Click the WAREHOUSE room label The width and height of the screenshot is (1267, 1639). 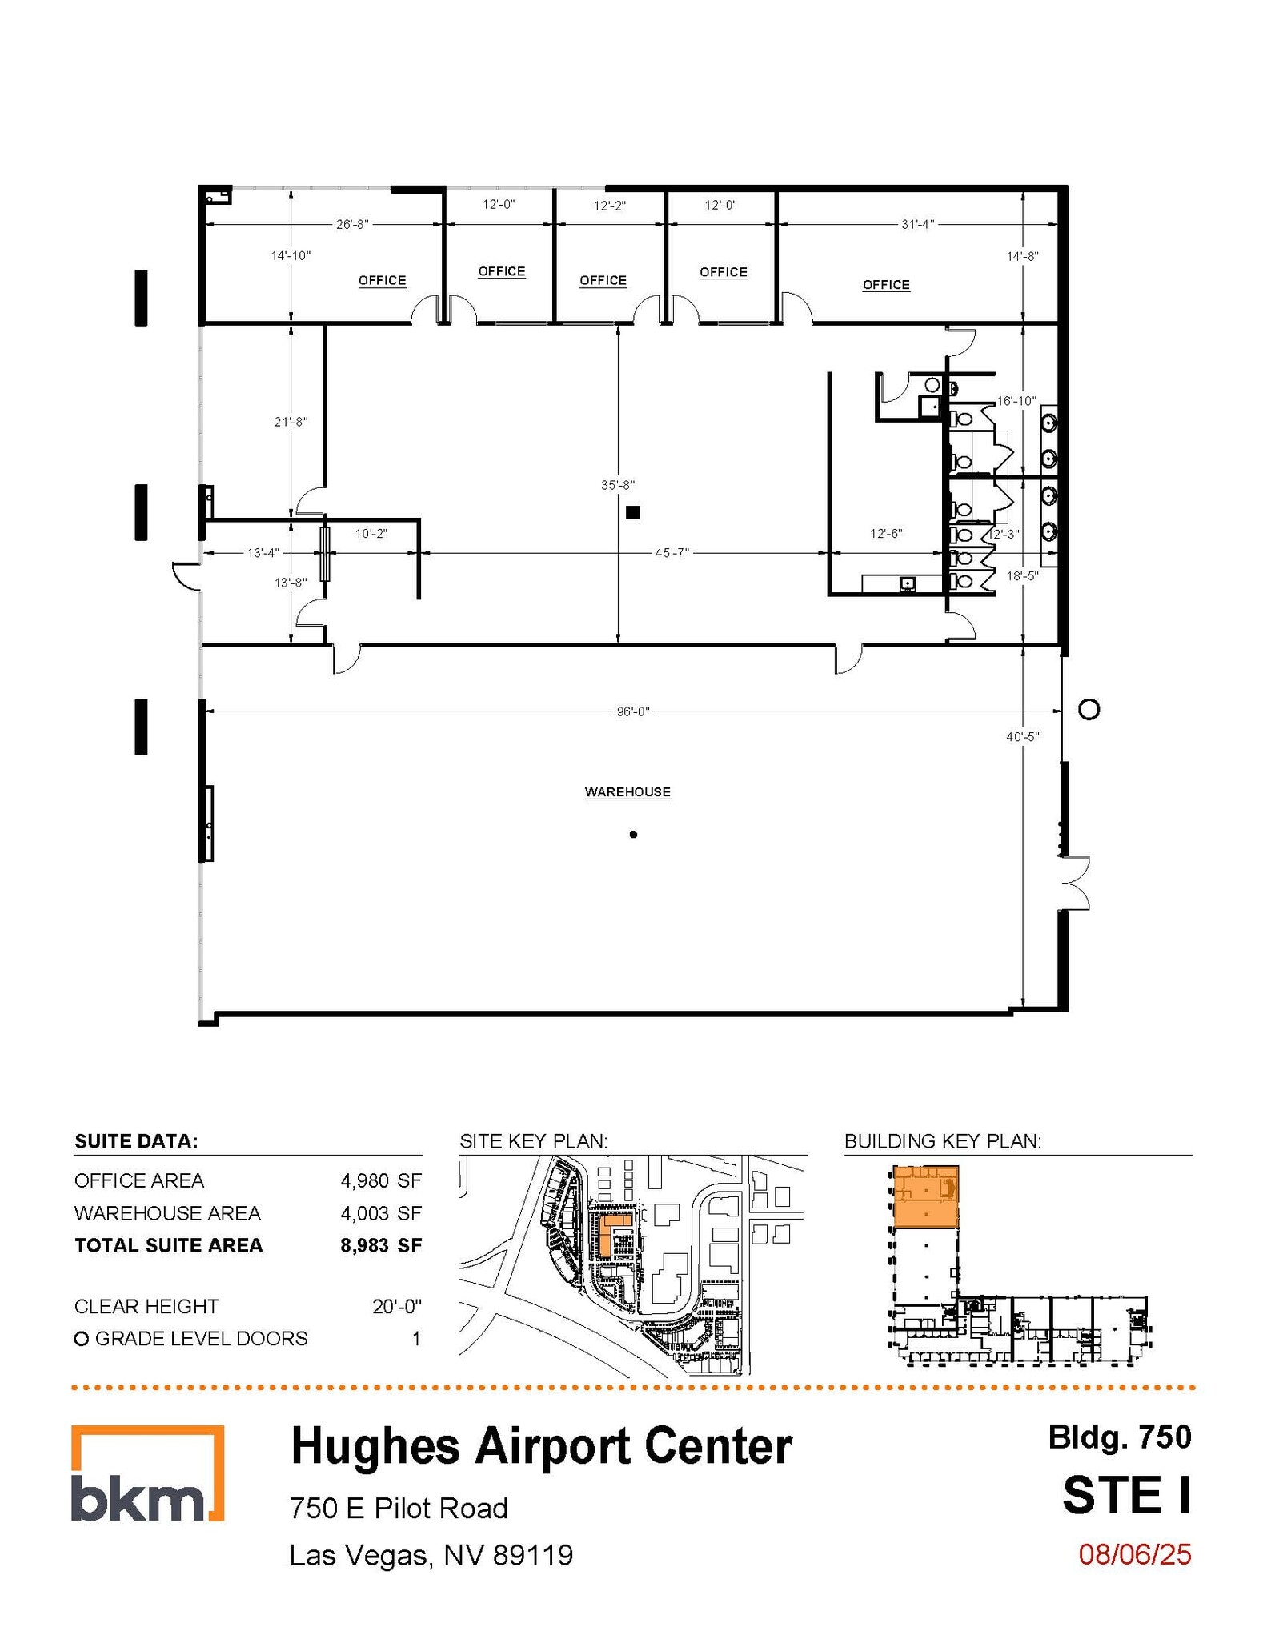pyautogui.click(x=627, y=791)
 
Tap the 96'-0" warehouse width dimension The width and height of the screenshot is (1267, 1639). pyautogui.click(x=632, y=711)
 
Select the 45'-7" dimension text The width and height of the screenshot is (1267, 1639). pyautogui.click(x=672, y=552)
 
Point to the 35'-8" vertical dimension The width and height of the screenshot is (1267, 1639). pyautogui.click(x=618, y=485)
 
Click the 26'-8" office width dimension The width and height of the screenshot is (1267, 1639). pyautogui.click(x=352, y=225)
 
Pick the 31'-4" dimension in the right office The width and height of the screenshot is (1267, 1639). pyautogui.click(x=917, y=225)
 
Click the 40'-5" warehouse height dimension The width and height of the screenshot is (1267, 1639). pyautogui.click(x=1022, y=737)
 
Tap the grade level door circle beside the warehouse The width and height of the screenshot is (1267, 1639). pyautogui.click(x=1089, y=709)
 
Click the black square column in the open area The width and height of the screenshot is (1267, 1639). pyautogui.click(x=633, y=512)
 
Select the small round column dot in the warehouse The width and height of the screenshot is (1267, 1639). pyautogui.click(x=633, y=835)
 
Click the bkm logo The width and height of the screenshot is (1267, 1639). pyautogui.click(x=147, y=1473)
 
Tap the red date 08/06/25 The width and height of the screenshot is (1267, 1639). pyautogui.click(x=1134, y=1554)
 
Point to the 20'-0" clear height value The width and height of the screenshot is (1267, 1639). pyautogui.click(x=396, y=1306)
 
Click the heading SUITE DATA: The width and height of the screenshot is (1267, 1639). pyautogui.click(x=136, y=1141)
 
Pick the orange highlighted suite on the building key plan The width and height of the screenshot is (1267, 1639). pyautogui.click(x=925, y=1197)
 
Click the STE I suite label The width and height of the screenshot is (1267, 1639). pyautogui.click(x=1126, y=1494)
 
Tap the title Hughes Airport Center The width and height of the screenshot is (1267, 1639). pyautogui.click(x=541, y=1447)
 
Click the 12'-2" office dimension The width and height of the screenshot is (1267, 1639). pyautogui.click(x=609, y=206)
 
